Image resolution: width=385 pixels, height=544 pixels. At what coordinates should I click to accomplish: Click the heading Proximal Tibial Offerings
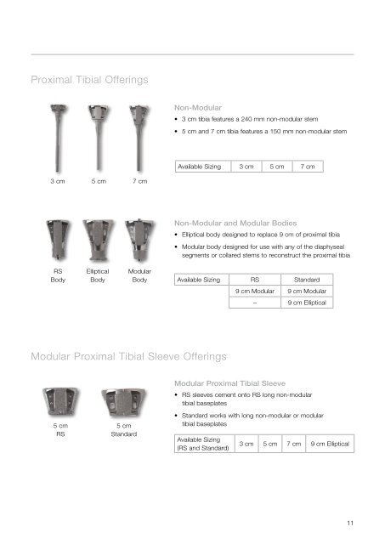(89, 79)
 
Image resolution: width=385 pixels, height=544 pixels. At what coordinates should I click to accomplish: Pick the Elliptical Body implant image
(96, 241)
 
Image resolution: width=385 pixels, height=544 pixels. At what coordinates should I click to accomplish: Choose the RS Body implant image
(59, 241)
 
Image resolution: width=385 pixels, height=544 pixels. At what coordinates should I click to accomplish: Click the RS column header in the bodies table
(254, 278)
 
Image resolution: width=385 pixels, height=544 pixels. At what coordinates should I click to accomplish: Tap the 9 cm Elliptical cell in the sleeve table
(334, 444)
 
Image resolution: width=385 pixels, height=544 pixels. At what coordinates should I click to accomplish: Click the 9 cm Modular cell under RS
(254, 290)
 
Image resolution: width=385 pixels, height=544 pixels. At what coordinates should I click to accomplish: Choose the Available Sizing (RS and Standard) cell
(201, 444)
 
